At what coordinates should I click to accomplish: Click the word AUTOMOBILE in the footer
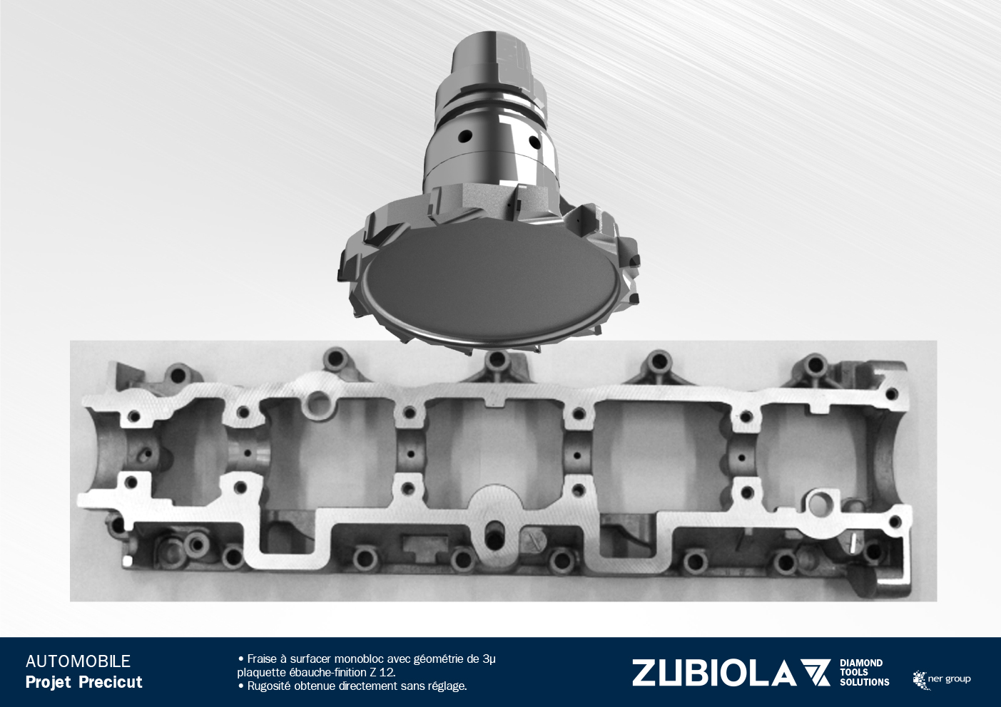(78, 661)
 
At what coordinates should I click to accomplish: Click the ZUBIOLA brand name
(713, 673)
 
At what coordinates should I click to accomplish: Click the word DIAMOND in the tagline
(861, 663)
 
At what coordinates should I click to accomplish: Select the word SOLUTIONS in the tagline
(865, 683)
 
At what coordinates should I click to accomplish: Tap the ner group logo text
(949, 679)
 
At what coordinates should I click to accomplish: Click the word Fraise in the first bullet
(261, 659)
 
